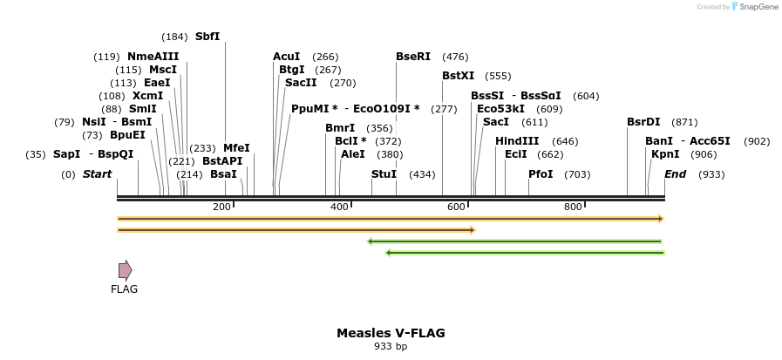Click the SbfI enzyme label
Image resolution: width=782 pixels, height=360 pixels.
coord(207,37)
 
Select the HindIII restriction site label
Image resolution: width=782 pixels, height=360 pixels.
coord(517,141)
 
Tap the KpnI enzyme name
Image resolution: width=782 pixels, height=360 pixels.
coord(665,154)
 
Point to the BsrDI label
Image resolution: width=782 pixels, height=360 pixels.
coord(643,122)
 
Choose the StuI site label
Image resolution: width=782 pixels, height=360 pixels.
coord(384,174)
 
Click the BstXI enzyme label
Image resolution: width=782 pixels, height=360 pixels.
coord(458,76)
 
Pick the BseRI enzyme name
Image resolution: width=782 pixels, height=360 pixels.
coord(413,57)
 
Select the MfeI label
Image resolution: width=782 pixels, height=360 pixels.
coord(236,148)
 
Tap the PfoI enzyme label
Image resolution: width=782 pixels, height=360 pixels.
coord(541,174)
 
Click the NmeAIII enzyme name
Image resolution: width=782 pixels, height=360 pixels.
coord(153,57)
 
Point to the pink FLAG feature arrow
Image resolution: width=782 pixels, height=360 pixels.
coord(125,270)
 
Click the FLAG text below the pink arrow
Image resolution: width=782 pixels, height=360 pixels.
coord(124,289)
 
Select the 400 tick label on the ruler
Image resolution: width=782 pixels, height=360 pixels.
coord(339,207)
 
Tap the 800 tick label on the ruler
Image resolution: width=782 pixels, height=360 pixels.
coord(573,207)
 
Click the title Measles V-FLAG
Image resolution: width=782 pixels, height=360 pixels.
coord(391,333)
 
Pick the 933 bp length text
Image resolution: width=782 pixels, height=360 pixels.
coord(391,347)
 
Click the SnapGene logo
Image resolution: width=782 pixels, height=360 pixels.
coord(754,7)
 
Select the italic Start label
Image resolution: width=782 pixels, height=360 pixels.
coord(97,174)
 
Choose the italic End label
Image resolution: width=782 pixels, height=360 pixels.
coord(675,174)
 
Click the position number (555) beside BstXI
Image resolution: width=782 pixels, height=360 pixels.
coord(498,77)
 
